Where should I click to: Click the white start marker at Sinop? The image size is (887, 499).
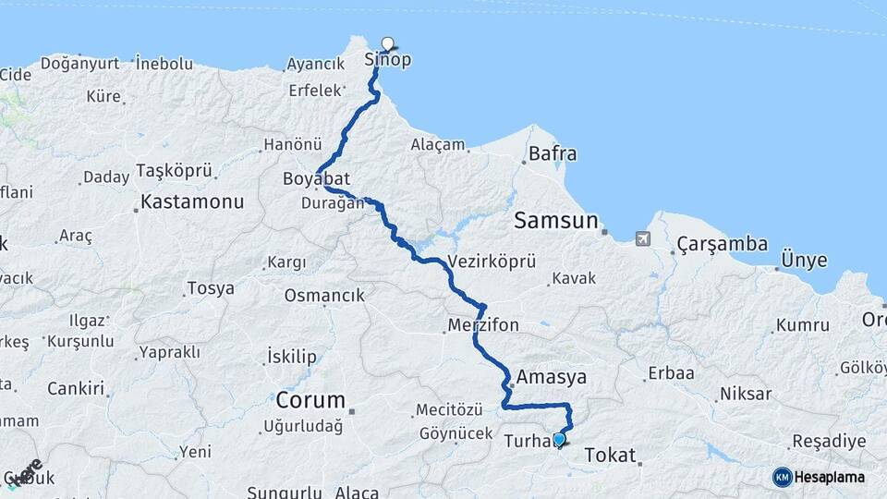388,43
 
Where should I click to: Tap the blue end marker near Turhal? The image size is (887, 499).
559,440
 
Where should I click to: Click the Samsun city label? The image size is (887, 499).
556,221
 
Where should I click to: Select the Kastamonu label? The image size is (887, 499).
192,201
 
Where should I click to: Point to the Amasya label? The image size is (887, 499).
553,377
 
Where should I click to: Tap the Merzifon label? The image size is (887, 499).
483,325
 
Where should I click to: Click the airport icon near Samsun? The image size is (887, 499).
643,238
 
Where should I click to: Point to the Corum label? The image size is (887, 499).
310,401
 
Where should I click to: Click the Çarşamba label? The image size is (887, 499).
723,244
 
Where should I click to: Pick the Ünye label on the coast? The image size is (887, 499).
804,260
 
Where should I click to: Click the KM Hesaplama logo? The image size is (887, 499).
819,477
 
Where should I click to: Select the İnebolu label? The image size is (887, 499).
164,64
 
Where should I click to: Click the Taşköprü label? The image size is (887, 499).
175,170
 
